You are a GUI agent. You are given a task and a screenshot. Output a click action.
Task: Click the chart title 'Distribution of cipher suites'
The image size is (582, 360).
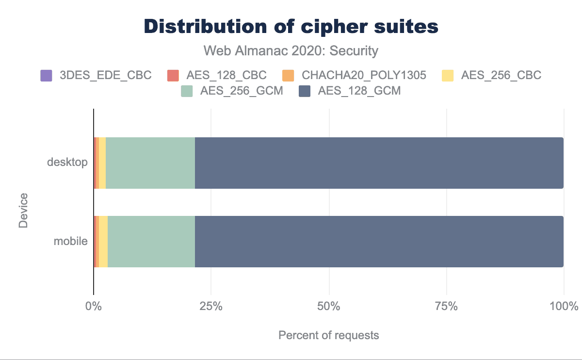(291, 27)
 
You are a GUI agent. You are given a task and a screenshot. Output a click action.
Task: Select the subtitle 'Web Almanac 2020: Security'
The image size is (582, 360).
(291, 50)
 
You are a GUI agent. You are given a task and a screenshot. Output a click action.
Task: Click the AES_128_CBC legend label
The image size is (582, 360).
(226, 75)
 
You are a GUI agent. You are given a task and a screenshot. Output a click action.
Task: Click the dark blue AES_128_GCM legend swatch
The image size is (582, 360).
(305, 91)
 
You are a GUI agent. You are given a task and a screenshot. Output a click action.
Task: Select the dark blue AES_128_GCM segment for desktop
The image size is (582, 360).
(379, 163)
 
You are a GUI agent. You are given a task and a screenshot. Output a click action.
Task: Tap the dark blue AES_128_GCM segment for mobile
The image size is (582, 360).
(379, 241)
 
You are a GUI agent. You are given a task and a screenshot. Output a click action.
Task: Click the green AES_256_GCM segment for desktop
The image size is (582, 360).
(150, 163)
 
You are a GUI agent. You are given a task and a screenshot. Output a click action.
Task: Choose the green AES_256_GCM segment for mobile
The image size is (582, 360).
(151, 241)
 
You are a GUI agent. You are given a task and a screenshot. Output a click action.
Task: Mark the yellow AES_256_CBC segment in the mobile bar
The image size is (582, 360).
(103, 241)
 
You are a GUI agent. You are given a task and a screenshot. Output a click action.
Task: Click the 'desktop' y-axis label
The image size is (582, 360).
(67, 162)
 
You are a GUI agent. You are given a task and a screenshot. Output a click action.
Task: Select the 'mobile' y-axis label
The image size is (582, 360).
(70, 241)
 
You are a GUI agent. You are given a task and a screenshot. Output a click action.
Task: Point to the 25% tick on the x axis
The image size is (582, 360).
(211, 307)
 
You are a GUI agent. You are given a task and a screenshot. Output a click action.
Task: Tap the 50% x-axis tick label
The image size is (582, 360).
(329, 307)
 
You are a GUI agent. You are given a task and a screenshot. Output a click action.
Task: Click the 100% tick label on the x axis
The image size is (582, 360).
(564, 307)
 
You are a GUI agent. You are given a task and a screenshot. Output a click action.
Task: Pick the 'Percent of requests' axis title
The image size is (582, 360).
(328, 335)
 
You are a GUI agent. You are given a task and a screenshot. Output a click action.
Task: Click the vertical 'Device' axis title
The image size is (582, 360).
(23, 211)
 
